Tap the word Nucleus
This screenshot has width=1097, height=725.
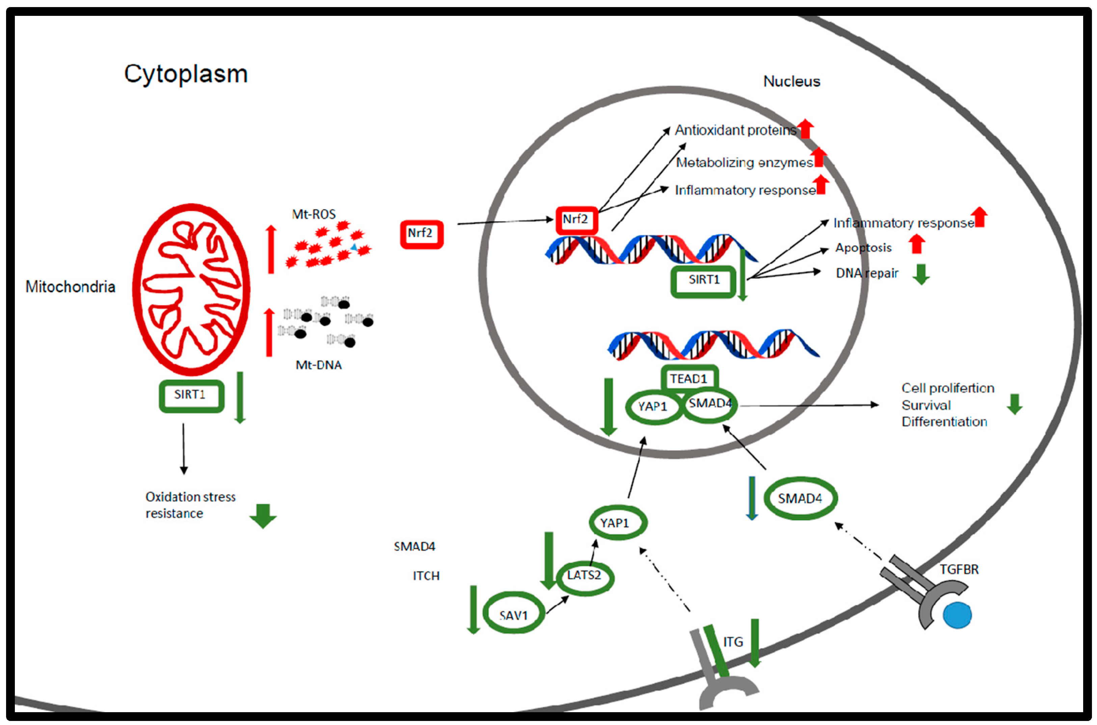point(791,81)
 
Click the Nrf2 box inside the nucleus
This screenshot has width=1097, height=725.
point(576,220)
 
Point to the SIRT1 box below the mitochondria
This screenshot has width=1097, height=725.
point(191,396)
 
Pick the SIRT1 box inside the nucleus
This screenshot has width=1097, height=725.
point(703,281)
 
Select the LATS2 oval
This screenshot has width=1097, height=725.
point(584,576)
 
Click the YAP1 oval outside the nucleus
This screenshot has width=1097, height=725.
point(617,523)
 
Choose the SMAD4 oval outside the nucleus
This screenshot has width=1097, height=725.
point(800,498)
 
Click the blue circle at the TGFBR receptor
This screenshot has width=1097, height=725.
point(956,615)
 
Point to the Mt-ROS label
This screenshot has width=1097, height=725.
point(314,215)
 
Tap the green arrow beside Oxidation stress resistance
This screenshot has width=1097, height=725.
point(263,515)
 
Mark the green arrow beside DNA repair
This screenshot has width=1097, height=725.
point(920,274)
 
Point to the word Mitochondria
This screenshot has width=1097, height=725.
point(70,287)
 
